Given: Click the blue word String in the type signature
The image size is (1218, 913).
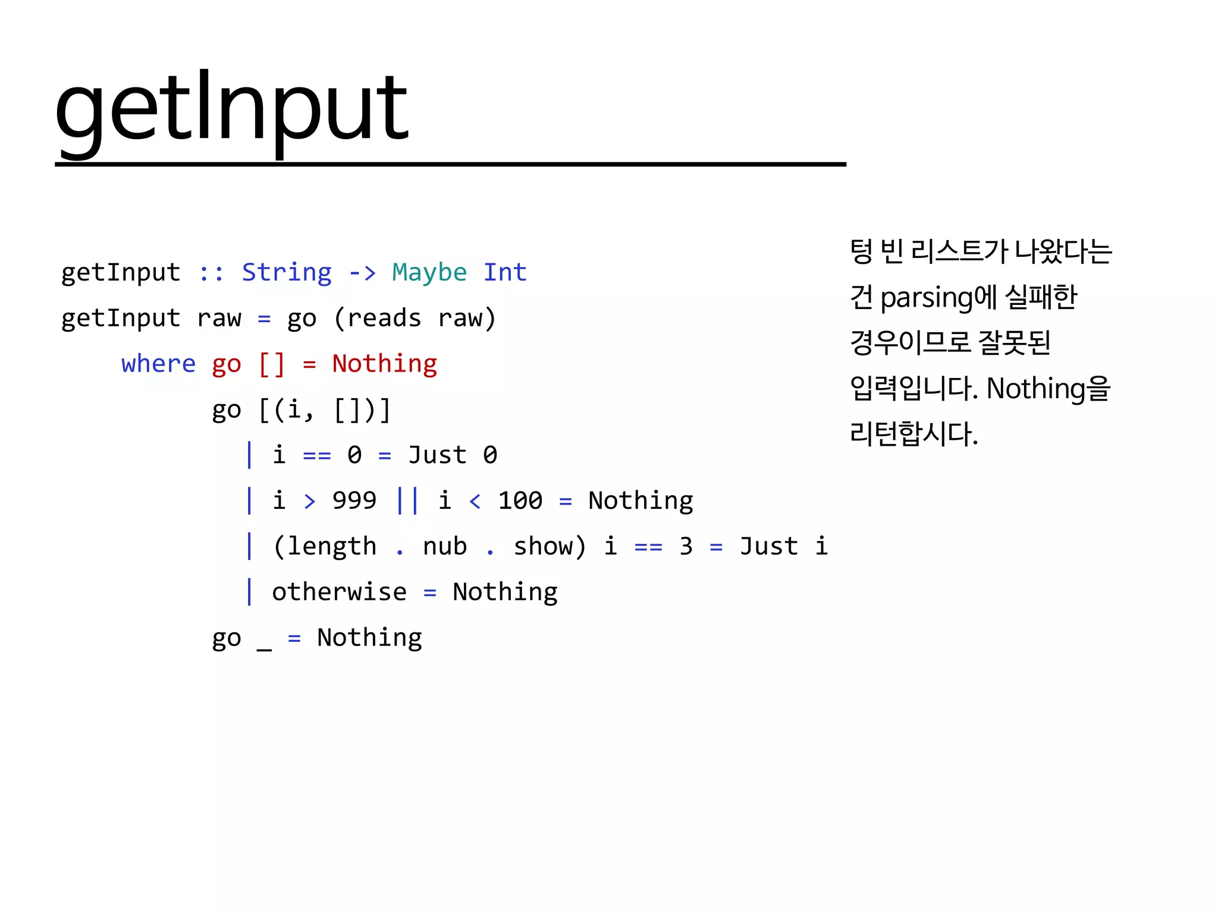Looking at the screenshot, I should click(287, 272).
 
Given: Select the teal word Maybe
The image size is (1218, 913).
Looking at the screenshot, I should click(429, 272).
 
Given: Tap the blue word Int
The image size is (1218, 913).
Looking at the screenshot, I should click(505, 272).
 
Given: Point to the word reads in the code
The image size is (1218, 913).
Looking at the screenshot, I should click(384, 318).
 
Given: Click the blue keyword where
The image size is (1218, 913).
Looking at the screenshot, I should click(158, 364).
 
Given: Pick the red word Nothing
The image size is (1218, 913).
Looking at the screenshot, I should click(385, 364).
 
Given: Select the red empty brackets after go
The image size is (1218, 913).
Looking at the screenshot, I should click(272, 364).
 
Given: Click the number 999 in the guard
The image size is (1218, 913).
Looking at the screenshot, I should click(354, 500).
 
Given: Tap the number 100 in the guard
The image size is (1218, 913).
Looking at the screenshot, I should click(520, 500).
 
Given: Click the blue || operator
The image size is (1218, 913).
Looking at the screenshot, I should click(407, 500).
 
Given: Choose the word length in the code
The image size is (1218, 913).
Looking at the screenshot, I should click(332, 546).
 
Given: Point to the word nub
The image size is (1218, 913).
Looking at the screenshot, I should click(445, 546).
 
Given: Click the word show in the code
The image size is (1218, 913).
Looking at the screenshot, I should click(542, 546).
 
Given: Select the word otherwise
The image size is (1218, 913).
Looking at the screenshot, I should click(340, 592).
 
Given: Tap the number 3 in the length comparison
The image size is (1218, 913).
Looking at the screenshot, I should click(686, 546).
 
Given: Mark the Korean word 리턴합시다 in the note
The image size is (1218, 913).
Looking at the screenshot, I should click(913, 433).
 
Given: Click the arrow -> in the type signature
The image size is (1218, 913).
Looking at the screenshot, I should click(362, 272).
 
